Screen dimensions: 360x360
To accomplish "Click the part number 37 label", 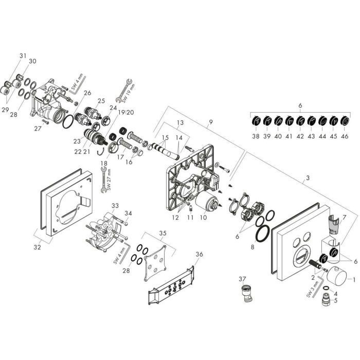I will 242,279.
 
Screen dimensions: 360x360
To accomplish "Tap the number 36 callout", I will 200,254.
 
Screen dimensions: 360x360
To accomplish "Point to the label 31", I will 23,56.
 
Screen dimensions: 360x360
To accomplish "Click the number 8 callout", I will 253,247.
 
